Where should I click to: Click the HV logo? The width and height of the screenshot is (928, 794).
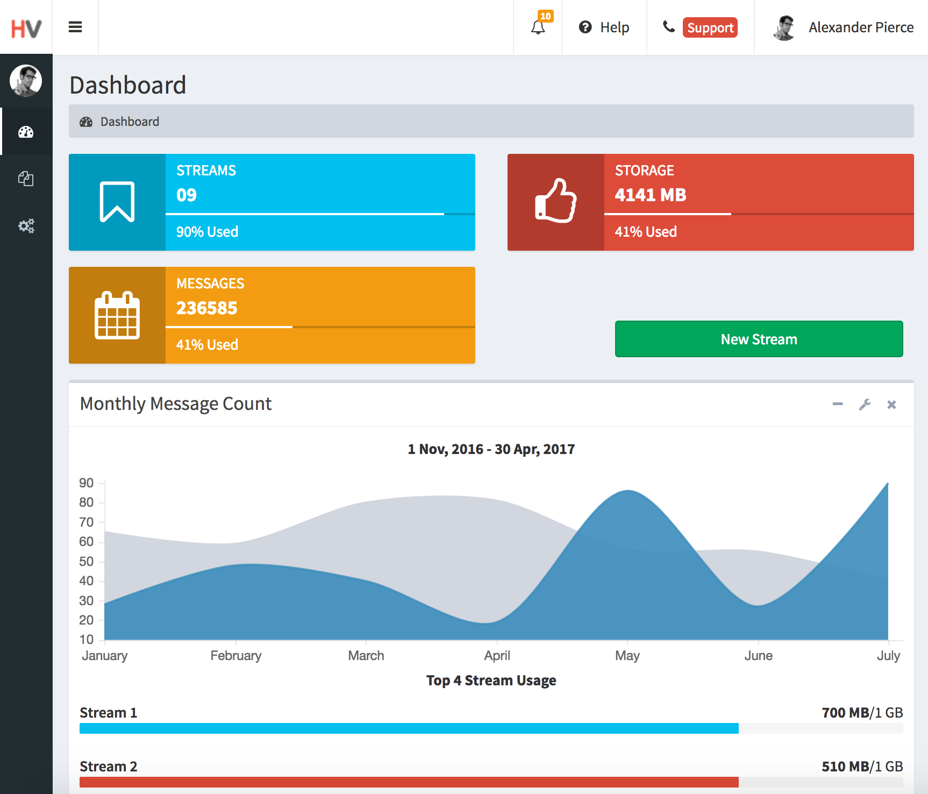pos(26,28)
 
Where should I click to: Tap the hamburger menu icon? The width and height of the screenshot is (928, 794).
pos(75,27)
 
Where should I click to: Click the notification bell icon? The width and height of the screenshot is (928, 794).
pos(538,27)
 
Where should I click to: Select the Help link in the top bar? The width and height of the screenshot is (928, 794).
pos(604,27)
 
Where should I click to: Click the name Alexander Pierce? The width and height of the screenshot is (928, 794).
pos(861,27)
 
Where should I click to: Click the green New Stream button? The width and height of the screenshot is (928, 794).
pos(759,339)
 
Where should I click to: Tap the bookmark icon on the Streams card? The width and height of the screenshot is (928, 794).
pos(117,202)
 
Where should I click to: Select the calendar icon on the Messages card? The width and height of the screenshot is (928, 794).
pos(117,315)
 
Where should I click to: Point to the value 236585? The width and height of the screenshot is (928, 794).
pos(206,308)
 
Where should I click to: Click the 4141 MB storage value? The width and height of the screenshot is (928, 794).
pos(650,195)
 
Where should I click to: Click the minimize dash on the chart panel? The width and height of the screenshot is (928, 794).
pos(838,404)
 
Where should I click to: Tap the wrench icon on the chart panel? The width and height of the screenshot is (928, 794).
pos(865,405)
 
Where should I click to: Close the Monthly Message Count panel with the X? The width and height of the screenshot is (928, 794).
pos(891,405)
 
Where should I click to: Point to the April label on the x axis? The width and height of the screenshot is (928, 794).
pos(497,656)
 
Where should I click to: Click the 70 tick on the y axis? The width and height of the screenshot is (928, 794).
pos(86,522)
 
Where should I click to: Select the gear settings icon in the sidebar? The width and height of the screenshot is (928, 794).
pos(26,226)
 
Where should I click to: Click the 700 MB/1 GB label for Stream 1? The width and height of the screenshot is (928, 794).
pos(862,713)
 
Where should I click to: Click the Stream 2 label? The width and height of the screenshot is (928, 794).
pos(108,767)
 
